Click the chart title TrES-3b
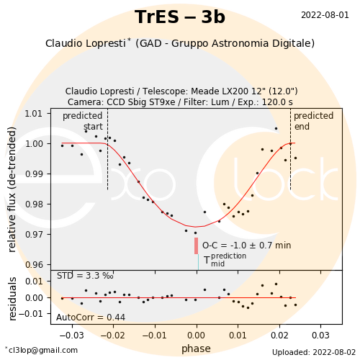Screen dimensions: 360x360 click(x=180, y=17)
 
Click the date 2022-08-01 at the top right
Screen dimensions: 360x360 click(x=325, y=15)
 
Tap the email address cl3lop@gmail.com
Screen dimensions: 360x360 click(x=42, y=350)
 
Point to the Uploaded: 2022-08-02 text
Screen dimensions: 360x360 click(x=314, y=352)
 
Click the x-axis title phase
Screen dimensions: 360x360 click(x=196, y=348)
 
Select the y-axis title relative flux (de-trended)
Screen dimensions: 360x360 click(x=12, y=189)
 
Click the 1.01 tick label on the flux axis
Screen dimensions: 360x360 click(x=34, y=114)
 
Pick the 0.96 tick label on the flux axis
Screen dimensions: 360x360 click(x=34, y=265)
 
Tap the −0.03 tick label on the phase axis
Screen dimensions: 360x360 click(x=71, y=336)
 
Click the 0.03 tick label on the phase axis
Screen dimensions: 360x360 click(x=320, y=336)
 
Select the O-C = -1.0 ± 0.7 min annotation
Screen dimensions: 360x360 click(x=247, y=246)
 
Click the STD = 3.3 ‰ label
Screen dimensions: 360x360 click(x=85, y=276)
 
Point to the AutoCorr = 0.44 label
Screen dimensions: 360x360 click(x=91, y=318)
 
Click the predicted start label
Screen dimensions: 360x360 click(x=83, y=121)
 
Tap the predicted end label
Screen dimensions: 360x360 click(x=314, y=121)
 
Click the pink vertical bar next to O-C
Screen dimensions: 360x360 click(x=196, y=246)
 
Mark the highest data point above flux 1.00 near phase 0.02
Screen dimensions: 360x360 click(x=276, y=129)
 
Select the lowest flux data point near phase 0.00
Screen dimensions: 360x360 click(x=195, y=233)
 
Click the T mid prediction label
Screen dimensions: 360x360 click(x=225, y=260)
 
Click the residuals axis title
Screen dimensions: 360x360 click(x=12, y=299)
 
